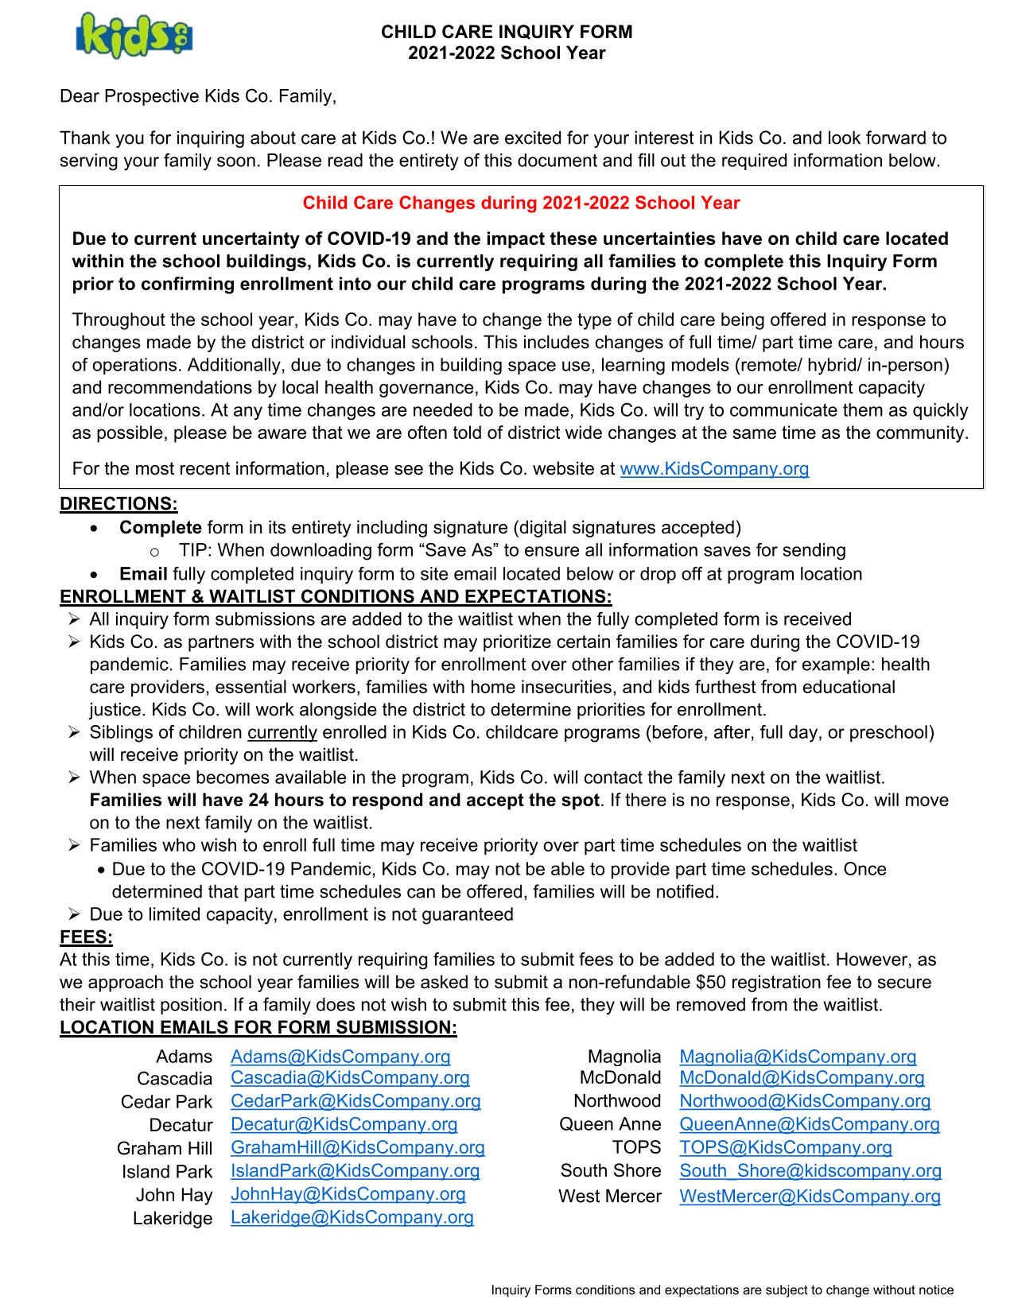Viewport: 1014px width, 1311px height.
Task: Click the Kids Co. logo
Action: click(x=134, y=36)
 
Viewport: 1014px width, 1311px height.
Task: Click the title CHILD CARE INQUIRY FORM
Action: click(x=507, y=32)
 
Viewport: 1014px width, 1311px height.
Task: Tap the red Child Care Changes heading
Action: click(x=521, y=203)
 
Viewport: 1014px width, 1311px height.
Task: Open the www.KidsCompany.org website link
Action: click(x=714, y=468)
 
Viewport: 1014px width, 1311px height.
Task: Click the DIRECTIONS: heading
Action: click(x=118, y=504)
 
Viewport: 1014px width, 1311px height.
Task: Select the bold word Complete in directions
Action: click(x=161, y=527)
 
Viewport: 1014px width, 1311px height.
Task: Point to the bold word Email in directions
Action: click(x=143, y=574)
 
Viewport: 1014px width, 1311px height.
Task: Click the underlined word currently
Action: click(x=282, y=732)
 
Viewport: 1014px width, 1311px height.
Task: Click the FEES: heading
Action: click(x=87, y=937)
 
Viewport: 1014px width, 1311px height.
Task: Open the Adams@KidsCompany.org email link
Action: click(x=340, y=1057)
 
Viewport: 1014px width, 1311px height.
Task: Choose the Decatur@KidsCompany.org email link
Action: click(x=344, y=1124)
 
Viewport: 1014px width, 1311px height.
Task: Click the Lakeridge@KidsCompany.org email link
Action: click(x=352, y=1217)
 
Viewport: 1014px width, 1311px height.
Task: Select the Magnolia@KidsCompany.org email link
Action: click(x=798, y=1057)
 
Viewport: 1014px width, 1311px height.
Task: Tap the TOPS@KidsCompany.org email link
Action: click(x=785, y=1147)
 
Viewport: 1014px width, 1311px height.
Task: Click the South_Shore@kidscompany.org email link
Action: click(x=810, y=1170)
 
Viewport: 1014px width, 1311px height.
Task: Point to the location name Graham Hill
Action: click(x=165, y=1148)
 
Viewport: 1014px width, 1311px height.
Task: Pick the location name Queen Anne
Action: click(x=610, y=1124)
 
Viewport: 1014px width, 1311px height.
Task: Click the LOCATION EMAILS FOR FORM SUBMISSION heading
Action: click(x=258, y=1027)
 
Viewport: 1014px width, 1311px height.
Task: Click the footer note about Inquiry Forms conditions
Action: click(x=722, y=1290)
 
